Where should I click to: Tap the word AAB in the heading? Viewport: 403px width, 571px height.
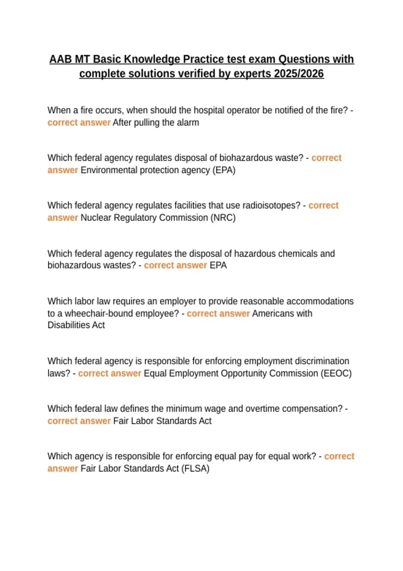(x=60, y=59)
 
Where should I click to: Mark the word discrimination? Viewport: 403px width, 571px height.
(x=322, y=361)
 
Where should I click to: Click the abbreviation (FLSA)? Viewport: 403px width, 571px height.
(x=195, y=468)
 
